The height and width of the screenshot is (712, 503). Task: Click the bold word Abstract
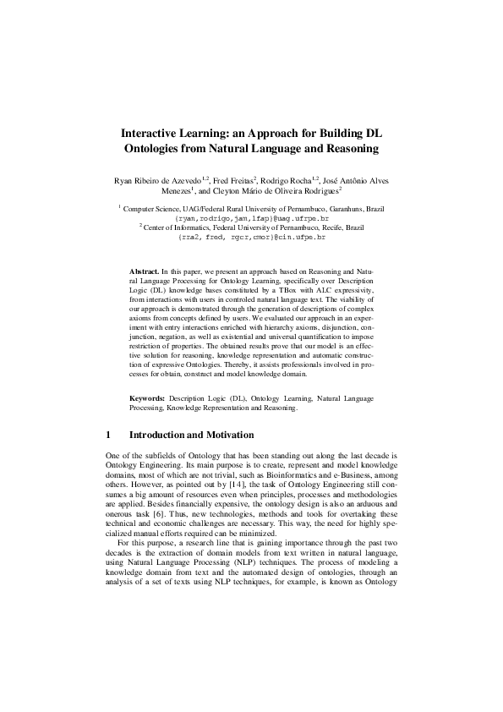click(x=143, y=266)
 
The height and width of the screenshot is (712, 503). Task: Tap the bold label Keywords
click(x=148, y=397)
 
